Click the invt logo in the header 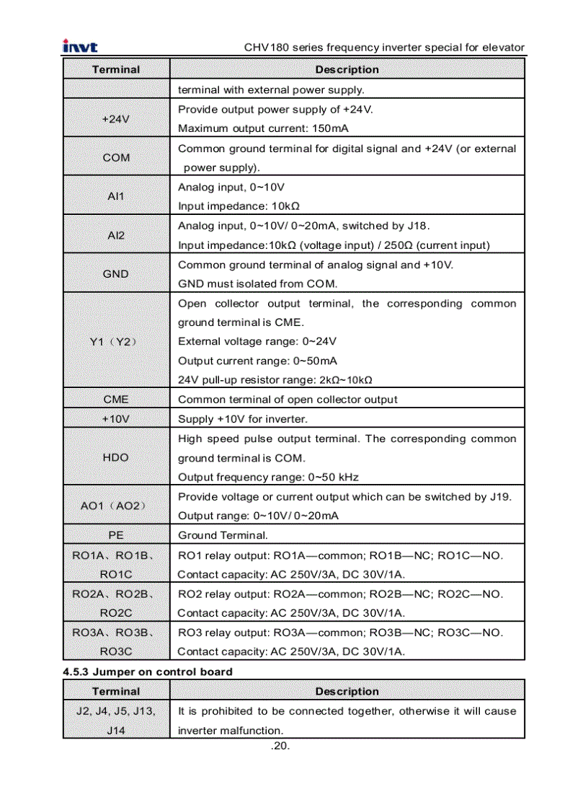click(80, 47)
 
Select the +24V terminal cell click(116, 119)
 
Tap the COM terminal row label click(116, 157)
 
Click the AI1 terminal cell click(116, 196)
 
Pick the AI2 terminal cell click(116, 235)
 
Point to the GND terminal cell click(116, 273)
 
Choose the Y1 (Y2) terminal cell click(116, 341)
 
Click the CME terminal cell click(116, 399)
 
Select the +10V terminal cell click(116, 418)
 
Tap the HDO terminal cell click(116, 457)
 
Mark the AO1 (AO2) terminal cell click(116, 506)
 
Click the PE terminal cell click(116, 535)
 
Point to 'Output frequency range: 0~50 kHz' click(268, 477)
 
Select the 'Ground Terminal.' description click(223, 535)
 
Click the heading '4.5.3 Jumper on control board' click(148, 672)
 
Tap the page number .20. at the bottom click(280, 746)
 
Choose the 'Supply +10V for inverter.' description click(242, 419)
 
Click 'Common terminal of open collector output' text click(288, 400)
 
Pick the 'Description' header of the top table click(347, 69)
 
